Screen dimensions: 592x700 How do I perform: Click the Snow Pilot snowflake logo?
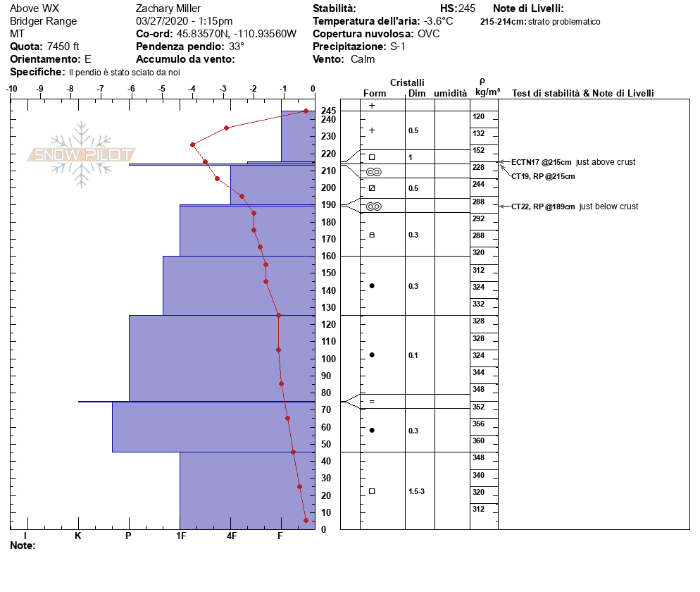tap(82, 155)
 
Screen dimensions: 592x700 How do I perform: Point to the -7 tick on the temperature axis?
tap(101, 90)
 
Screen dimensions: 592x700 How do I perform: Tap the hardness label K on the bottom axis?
tap(78, 536)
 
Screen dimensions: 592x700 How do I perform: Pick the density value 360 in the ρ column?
tap(479, 440)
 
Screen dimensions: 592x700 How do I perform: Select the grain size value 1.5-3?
tap(417, 491)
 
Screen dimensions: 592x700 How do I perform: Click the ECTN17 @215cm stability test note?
tap(541, 162)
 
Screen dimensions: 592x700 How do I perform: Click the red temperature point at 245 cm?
tap(306, 111)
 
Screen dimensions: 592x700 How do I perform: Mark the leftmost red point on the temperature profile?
tap(192, 144)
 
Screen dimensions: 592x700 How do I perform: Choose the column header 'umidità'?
tap(451, 93)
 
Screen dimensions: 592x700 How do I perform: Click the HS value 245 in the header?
tap(467, 8)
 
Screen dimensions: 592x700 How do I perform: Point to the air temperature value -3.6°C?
tap(439, 21)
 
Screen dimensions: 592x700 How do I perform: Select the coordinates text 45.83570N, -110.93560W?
tap(237, 34)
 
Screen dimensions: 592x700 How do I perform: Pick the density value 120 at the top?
tap(479, 116)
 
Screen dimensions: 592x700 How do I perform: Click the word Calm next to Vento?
tap(363, 59)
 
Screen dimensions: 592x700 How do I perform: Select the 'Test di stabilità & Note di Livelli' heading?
tap(583, 93)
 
